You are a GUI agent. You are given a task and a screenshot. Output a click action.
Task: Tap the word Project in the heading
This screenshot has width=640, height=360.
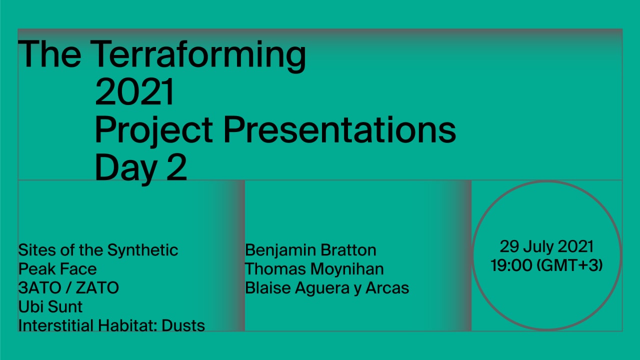154,131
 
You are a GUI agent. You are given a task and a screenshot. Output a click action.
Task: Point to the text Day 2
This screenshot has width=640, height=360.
141,168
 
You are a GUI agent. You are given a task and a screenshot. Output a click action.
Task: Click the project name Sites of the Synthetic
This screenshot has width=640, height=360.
98,250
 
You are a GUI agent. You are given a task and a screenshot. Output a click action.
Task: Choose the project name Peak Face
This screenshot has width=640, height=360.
57,269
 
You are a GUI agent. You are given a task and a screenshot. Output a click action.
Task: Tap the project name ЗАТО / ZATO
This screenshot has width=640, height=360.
68,288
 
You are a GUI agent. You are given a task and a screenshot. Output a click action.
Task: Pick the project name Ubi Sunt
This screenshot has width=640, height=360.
50,307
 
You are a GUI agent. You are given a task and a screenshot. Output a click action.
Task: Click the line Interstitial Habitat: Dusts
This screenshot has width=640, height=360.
111,325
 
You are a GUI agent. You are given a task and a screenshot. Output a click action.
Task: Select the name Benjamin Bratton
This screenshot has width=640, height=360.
310,250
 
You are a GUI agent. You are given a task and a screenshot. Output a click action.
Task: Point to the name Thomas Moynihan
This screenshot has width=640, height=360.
314,269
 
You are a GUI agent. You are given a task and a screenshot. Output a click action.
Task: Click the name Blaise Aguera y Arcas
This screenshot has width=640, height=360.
327,288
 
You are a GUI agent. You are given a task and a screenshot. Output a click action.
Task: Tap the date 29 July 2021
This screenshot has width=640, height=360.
546,247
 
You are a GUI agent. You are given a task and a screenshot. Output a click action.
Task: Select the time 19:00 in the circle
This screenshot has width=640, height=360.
511,265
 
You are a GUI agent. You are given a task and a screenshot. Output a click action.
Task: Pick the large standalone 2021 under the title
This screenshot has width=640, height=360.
134,92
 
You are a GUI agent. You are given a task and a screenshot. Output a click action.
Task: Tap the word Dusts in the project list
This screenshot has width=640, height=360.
183,325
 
